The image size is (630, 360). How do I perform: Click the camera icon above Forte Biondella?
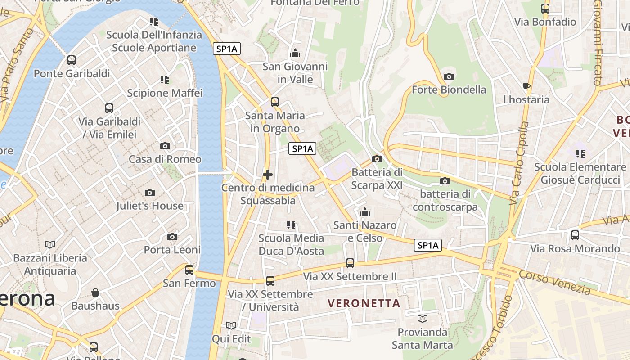pos(449,76)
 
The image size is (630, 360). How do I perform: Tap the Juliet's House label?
pos(150,206)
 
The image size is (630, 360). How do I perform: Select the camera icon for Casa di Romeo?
pos(165,146)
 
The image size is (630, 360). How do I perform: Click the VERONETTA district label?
pos(364,303)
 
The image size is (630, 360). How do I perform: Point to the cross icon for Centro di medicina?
pos(268,175)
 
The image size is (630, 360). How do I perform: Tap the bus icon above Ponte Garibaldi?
pos(72,60)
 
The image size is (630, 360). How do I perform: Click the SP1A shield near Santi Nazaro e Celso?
pos(427,245)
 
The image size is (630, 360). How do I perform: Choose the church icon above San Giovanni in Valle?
pos(295,54)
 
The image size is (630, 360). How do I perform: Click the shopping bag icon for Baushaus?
pos(95,293)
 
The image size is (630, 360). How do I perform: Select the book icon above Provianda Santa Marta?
pos(422,319)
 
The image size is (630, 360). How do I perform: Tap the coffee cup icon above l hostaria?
pos(526,86)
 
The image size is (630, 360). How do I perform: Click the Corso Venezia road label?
pos(554,282)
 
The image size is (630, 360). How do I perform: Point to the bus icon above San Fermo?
pos(189,270)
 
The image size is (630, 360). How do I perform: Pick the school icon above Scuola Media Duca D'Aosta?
pos(291,225)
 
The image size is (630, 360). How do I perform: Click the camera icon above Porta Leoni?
pos(172,237)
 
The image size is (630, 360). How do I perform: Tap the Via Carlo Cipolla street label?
pos(519,163)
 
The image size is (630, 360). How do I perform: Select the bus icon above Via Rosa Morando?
pos(575,235)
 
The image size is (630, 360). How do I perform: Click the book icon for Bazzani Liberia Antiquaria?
pos(50,244)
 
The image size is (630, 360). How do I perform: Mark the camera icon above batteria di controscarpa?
pos(445,181)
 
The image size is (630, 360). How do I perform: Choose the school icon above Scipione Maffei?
pos(165,80)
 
